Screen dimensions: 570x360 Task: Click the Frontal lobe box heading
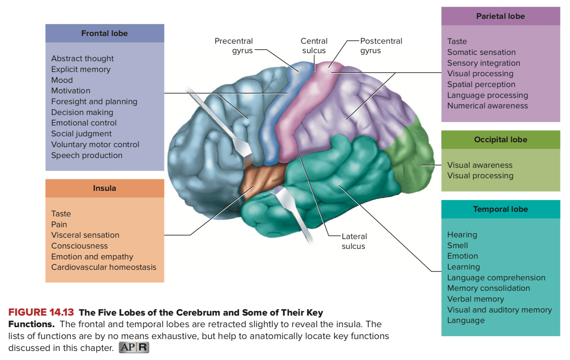(x=104, y=33)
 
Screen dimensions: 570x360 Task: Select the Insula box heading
(x=104, y=188)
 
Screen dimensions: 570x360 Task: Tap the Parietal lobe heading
(x=500, y=16)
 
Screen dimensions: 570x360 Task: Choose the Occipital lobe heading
(x=500, y=139)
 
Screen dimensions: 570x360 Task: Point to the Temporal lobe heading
(x=500, y=209)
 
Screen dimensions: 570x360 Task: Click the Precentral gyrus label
(x=234, y=45)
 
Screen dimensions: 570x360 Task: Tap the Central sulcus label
(x=314, y=45)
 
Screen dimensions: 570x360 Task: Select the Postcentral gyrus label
(x=381, y=45)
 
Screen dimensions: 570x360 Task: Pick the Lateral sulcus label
(x=354, y=241)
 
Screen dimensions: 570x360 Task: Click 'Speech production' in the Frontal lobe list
(x=87, y=155)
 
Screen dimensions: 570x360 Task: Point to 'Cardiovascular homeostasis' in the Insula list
(x=104, y=267)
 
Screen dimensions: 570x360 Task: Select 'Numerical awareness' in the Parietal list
(x=488, y=106)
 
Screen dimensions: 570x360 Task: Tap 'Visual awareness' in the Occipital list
(x=480, y=165)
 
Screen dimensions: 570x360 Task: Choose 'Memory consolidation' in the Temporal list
(x=489, y=288)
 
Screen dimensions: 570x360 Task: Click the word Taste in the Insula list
(x=61, y=214)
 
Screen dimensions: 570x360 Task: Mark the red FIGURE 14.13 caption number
(x=41, y=312)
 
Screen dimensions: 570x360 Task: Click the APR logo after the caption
(x=134, y=347)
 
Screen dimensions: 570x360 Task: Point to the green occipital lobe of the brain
(x=410, y=158)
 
